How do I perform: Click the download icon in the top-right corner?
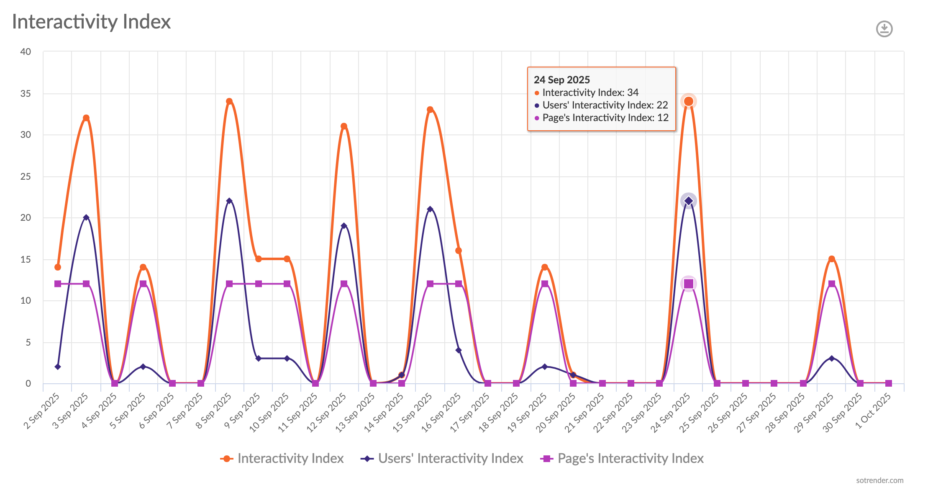pyautogui.click(x=884, y=29)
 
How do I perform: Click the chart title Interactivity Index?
pyautogui.click(x=91, y=22)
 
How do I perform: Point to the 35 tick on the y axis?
pyautogui.click(x=26, y=93)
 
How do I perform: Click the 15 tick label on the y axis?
pyautogui.click(x=26, y=259)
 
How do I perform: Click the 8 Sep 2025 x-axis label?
pyautogui.click(x=214, y=411)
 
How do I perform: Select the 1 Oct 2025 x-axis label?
pyautogui.click(x=873, y=411)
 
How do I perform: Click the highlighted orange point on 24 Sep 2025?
pyautogui.click(x=688, y=101)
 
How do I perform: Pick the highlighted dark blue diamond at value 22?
pyautogui.click(x=688, y=201)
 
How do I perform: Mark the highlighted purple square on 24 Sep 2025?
pyautogui.click(x=688, y=284)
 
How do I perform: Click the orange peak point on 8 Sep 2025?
pyautogui.click(x=229, y=101)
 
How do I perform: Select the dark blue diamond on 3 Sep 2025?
pyautogui.click(x=86, y=217)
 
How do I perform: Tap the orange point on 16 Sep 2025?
pyautogui.click(x=459, y=251)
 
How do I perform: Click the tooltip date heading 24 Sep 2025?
pyautogui.click(x=561, y=80)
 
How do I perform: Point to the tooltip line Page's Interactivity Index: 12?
pyautogui.click(x=605, y=118)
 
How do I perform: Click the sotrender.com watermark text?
pyautogui.click(x=879, y=480)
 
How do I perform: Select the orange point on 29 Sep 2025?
pyautogui.click(x=831, y=259)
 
